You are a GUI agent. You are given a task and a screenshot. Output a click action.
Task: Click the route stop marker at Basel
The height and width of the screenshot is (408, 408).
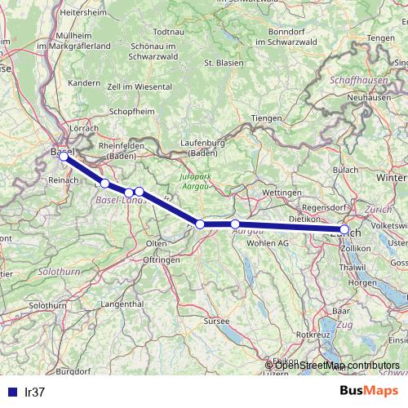click(x=63, y=156)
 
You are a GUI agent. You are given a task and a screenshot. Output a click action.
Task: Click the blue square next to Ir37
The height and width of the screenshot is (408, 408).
click(x=11, y=392)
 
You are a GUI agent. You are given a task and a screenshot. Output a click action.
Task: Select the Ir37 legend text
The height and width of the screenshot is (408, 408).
click(x=33, y=392)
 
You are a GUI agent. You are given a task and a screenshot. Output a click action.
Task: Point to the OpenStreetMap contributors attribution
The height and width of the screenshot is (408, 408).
click(x=336, y=365)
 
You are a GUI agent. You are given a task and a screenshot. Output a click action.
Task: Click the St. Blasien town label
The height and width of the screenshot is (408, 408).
click(x=220, y=62)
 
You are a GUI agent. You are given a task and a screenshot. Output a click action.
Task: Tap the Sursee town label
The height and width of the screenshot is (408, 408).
click(x=216, y=322)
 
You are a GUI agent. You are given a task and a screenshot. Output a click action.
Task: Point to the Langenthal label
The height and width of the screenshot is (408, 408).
click(x=122, y=303)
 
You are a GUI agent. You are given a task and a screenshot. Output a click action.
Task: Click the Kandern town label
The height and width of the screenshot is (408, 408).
click(x=83, y=83)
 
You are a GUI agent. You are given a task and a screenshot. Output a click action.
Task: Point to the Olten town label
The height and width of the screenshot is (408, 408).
click(x=156, y=243)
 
